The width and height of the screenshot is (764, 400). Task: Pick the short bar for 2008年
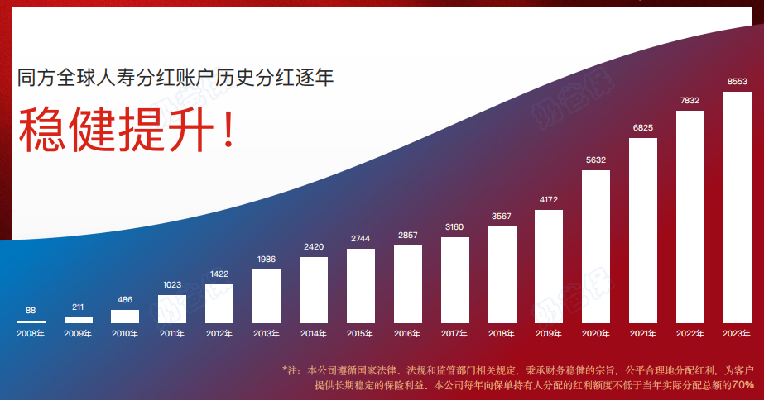coord(31,321)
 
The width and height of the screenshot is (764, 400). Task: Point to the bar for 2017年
coord(454,280)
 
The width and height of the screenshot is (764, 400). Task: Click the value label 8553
coord(737,82)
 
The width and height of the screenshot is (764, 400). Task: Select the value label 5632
coord(596,160)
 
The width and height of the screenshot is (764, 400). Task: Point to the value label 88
coord(31,311)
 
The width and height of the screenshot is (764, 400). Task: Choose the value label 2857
coord(407,236)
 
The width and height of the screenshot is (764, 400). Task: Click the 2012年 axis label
coord(219,334)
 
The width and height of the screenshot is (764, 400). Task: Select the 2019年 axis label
coord(549,334)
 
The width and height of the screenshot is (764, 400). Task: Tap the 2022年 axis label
coord(690,334)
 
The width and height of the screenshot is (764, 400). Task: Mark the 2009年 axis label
coord(78,334)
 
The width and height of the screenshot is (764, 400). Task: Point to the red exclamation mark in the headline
coord(224,131)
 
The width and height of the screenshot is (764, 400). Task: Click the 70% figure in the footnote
coord(742,386)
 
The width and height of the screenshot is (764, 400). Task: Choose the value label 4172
coord(549,200)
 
